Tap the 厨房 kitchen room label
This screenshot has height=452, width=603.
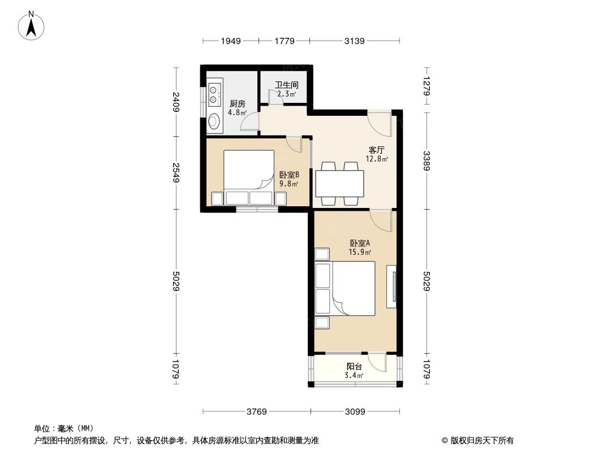[x=237, y=104]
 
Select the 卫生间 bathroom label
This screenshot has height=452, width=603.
[x=286, y=86]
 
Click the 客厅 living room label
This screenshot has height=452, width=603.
[x=377, y=150]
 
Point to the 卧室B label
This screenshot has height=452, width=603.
[x=288, y=175]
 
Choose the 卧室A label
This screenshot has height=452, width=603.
[x=360, y=244]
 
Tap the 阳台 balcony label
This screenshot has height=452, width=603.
[x=354, y=367]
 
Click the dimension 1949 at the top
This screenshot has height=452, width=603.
[x=231, y=41]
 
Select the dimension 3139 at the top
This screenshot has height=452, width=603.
[x=355, y=41]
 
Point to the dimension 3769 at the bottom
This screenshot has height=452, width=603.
[x=256, y=411]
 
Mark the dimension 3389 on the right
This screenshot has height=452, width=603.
[x=427, y=160]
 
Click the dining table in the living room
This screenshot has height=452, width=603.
[x=339, y=183]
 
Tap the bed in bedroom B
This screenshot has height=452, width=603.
[x=249, y=171]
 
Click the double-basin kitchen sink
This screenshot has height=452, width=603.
[x=214, y=94]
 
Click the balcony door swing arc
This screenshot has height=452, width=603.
[x=376, y=359]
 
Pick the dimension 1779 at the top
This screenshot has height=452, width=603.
[x=284, y=41]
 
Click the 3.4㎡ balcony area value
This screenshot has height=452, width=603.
[x=354, y=375]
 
